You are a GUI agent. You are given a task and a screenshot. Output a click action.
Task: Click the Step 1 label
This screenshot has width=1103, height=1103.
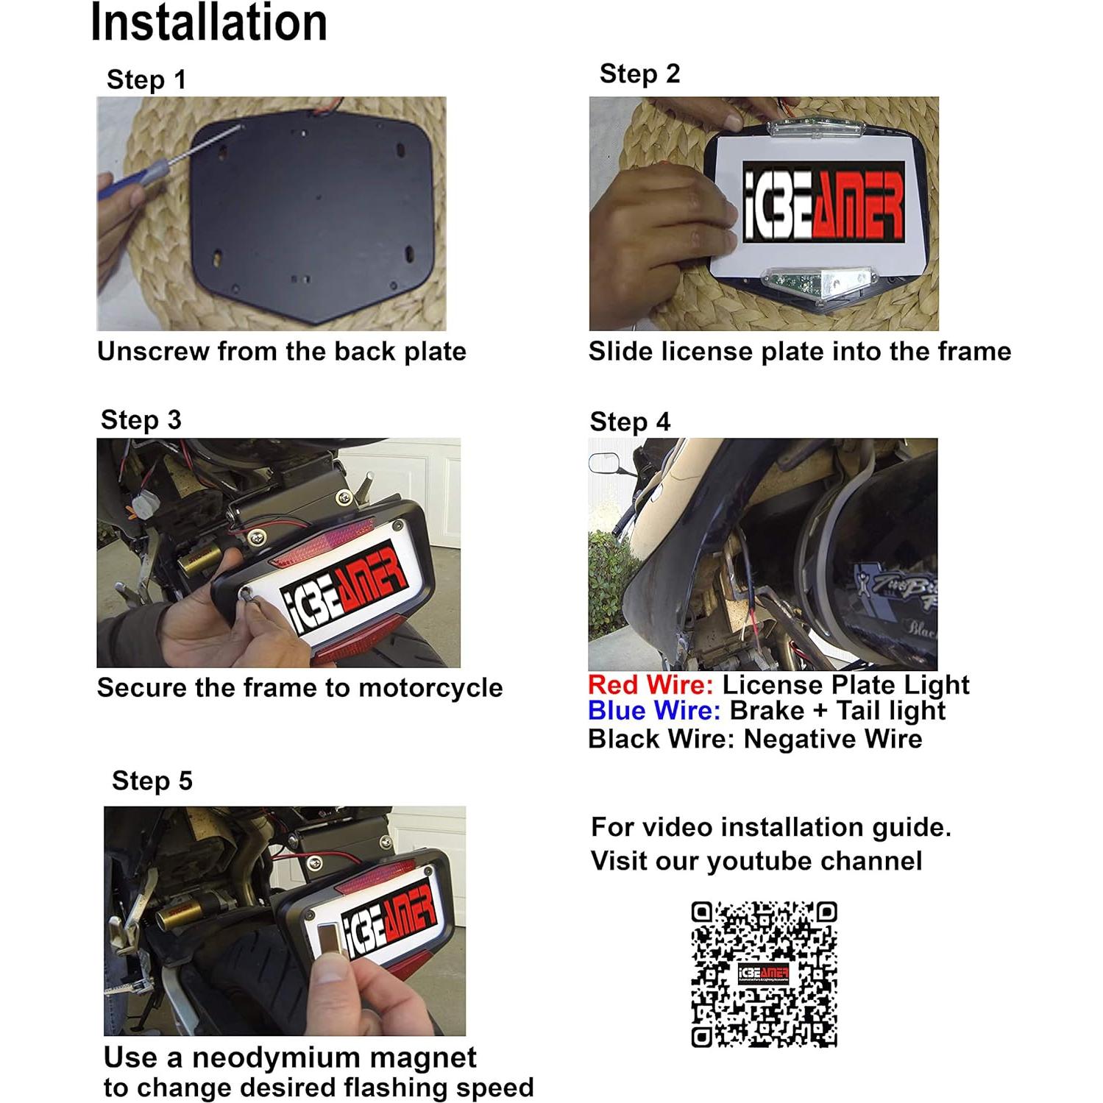[x=146, y=79]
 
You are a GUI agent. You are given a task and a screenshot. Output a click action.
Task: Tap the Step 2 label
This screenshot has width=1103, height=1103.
[x=639, y=74]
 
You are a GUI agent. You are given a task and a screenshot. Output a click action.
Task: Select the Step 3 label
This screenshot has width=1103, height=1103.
[x=141, y=420]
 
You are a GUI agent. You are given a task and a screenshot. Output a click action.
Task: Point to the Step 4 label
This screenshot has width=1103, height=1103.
[x=630, y=422]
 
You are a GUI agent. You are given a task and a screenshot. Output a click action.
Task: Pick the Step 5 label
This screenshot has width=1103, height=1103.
[x=152, y=781]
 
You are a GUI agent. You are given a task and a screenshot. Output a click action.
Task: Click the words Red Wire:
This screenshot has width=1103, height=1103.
[x=650, y=685]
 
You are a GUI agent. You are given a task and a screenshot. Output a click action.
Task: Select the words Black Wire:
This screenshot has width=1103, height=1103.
[x=662, y=739]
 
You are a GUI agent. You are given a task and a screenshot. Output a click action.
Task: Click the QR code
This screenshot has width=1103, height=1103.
[x=764, y=973]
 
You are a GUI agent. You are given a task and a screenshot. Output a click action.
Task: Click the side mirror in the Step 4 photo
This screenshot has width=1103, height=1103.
[x=603, y=463]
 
